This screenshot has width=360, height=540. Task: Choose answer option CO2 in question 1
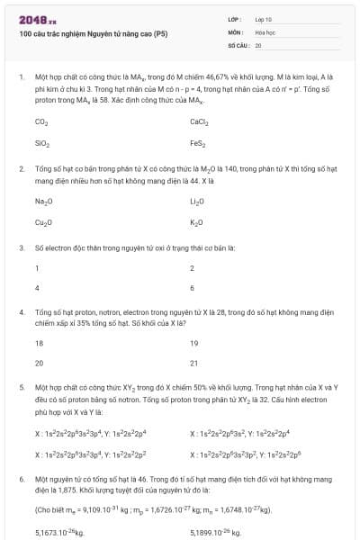41,121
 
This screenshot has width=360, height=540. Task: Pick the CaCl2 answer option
199,121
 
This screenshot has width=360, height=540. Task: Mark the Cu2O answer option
43,221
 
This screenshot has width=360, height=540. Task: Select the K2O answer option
196,221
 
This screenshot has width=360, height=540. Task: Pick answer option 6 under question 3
193,288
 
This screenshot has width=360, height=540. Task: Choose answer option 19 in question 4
193,343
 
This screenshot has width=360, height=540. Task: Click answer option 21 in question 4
193,364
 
